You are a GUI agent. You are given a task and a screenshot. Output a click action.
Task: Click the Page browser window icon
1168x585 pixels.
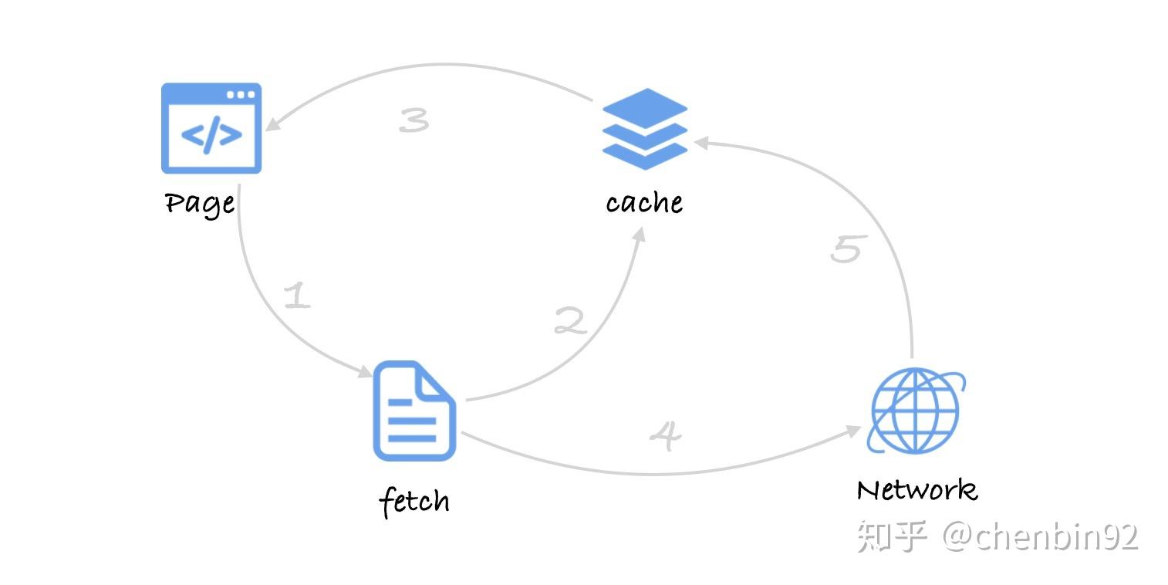[211, 128]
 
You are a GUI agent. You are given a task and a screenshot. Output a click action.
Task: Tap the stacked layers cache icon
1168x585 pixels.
[644, 129]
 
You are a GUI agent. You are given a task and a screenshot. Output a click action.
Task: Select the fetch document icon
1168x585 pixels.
[414, 411]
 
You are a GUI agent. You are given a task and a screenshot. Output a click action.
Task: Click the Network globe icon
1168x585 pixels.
[916, 411]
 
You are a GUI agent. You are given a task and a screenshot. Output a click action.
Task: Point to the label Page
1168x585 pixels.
[200, 204]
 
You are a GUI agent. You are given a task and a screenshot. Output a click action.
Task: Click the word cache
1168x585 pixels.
[644, 203]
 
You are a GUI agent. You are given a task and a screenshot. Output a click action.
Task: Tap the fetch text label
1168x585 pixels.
[414, 502]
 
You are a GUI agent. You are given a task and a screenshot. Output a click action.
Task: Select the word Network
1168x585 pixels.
[917, 490]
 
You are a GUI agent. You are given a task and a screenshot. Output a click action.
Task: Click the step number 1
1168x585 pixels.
[297, 296]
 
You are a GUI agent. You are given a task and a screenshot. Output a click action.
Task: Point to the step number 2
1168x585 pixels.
[570, 321]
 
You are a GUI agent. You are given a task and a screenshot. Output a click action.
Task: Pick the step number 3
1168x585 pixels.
[414, 120]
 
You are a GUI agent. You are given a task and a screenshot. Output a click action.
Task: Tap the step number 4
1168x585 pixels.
[665, 435]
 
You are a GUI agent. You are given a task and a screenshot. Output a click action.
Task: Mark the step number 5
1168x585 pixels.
[846, 249]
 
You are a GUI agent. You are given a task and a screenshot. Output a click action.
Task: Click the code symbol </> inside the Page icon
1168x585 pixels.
[211, 134]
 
